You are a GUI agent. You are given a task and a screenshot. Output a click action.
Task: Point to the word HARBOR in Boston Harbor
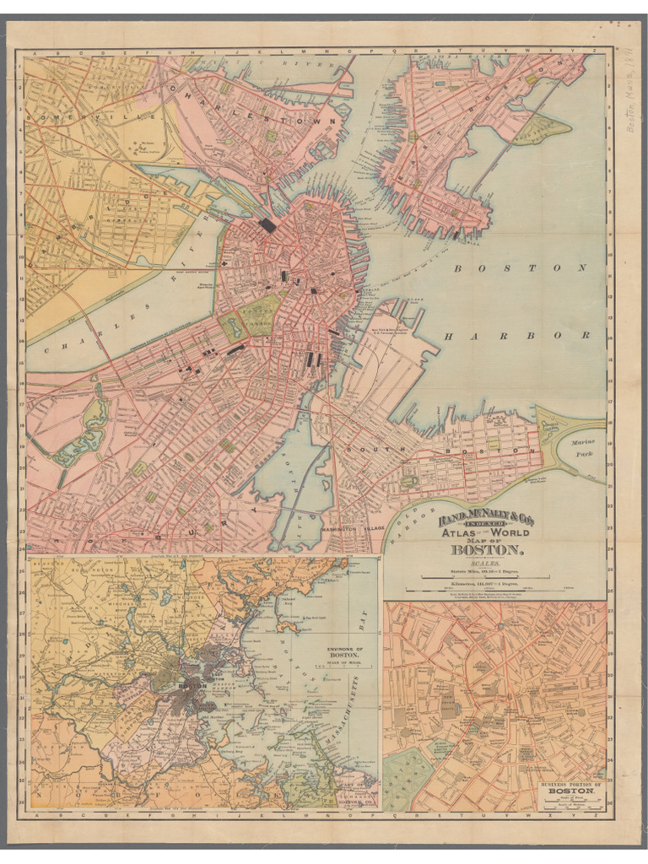click(516, 336)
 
